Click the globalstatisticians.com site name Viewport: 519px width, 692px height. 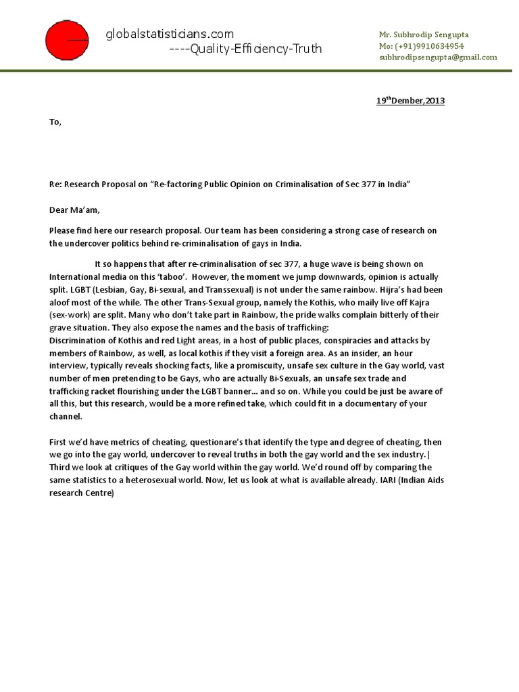pyautogui.click(x=170, y=34)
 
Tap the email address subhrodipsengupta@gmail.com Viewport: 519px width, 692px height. pyautogui.click(x=438, y=57)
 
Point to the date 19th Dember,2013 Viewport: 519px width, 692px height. pyautogui.click(x=410, y=101)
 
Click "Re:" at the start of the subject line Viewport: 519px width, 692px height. pyautogui.click(x=55, y=184)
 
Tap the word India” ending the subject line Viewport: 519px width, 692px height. pyautogui.click(x=399, y=184)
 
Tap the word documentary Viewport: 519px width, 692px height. pyautogui.click(x=385, y=403)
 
